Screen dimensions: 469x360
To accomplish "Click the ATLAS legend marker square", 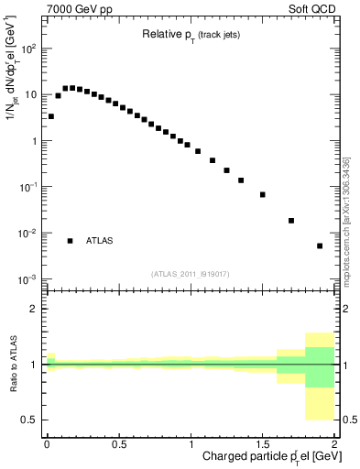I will [70, 241].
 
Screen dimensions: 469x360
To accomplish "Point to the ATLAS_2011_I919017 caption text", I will [190, 273].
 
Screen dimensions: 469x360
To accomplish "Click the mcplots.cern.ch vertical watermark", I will [345, 220].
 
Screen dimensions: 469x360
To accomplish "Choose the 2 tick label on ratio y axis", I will [34, 310].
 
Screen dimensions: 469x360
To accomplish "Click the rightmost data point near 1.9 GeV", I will [320, 245].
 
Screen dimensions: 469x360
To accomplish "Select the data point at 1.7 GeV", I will [291, 221].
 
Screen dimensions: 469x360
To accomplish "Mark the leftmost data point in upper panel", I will [51, 116].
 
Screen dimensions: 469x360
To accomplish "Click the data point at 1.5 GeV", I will [262, 194].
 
